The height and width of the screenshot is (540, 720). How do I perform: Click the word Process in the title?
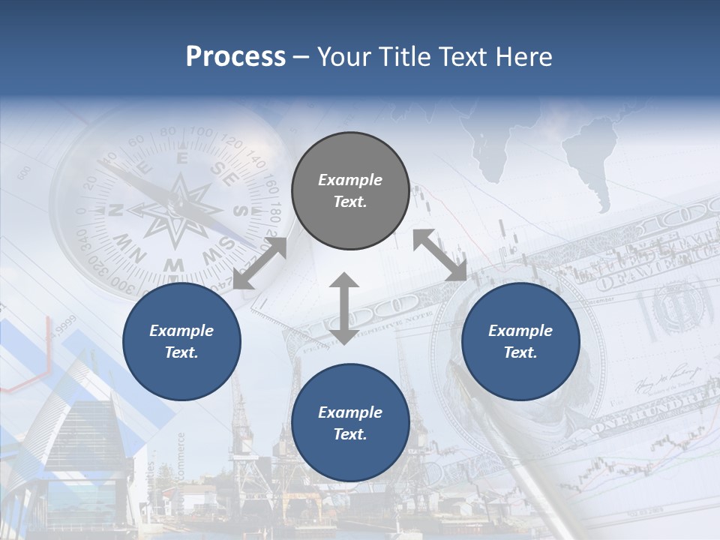[235, 57]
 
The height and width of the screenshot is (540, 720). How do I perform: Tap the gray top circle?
[350, 191]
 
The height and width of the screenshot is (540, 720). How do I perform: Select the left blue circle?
[181, 341]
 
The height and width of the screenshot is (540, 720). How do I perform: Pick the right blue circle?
[520, 341]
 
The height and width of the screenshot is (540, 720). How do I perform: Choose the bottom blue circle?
[350, 423]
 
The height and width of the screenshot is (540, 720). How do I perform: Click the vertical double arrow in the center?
[344, 308]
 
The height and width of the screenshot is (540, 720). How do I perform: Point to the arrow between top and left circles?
[259, 262]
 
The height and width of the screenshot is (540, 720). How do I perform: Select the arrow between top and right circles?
[440, 255]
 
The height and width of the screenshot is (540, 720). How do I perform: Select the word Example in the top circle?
[350, 180]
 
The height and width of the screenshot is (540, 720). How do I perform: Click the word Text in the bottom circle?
[349, 434]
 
